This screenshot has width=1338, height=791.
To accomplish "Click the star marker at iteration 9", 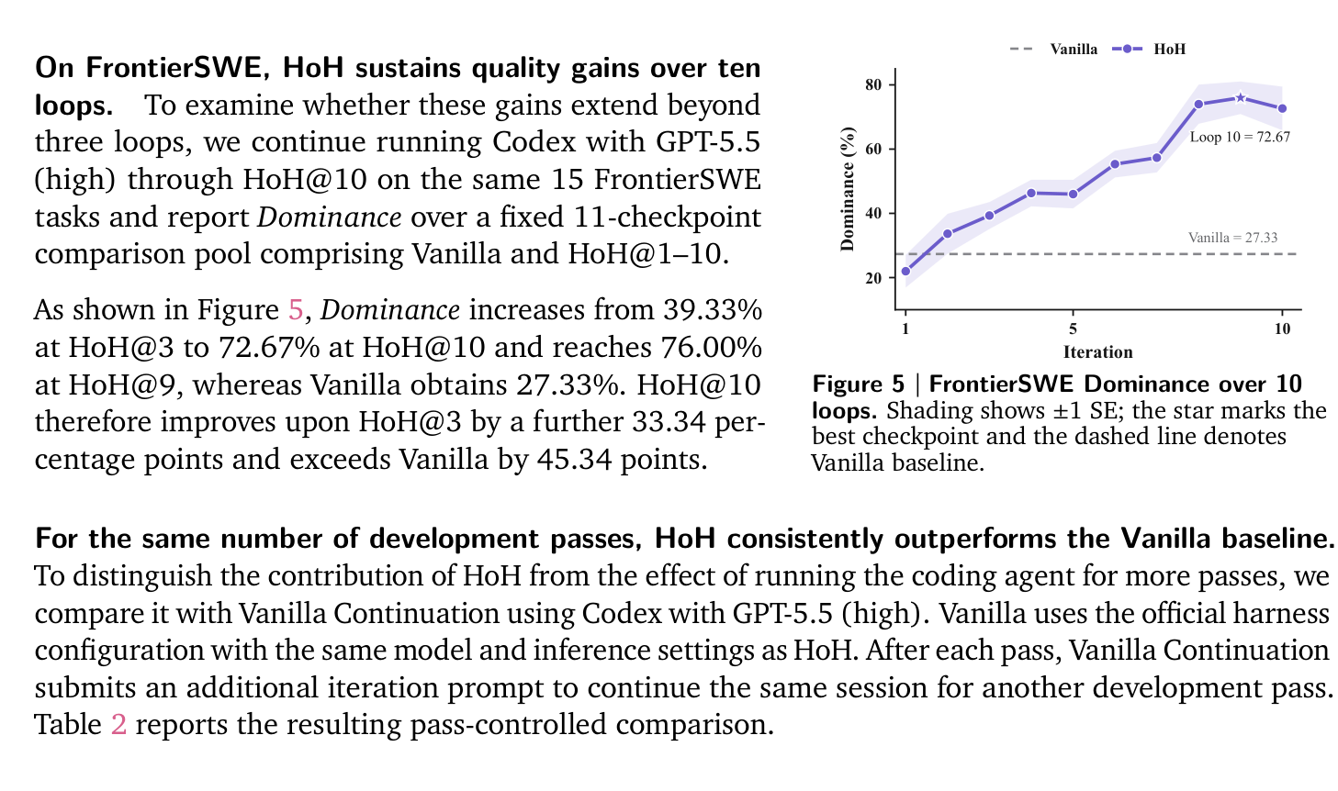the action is pos(1240,98).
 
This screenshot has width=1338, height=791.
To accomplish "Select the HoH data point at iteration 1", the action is pos(905,271).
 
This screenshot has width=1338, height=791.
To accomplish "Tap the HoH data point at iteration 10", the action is pos(1282,108).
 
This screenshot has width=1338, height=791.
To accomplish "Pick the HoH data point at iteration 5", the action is pos(1073,194).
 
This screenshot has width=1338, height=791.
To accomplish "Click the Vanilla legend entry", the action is pos(1053,49).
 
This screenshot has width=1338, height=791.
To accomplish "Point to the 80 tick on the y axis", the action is pos(873,84).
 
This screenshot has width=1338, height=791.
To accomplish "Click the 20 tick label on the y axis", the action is pos(873,278).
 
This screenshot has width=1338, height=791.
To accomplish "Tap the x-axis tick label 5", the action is pos(1073,329).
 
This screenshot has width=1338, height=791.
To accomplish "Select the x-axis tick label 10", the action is pos(1282,329).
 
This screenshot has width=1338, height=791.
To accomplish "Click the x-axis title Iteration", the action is pos(1098,352).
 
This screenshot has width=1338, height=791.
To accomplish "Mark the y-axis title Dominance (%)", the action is pos(847,189).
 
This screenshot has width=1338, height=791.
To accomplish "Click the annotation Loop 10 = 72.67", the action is pos(1240,137).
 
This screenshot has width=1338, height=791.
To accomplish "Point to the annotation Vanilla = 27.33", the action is pos(1233,238).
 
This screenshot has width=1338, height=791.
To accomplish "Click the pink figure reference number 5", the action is pos(296,310).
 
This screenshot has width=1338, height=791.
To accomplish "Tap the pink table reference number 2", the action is pos(118,724).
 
